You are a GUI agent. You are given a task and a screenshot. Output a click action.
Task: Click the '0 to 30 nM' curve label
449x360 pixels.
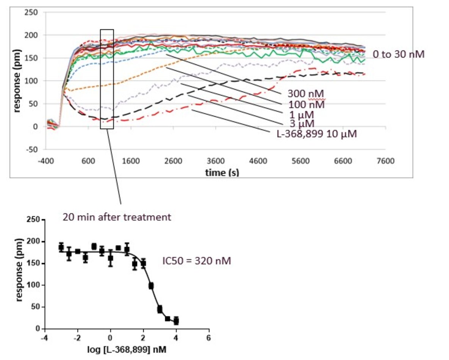coord(398,54)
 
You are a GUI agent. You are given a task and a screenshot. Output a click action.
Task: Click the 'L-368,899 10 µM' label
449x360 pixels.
coord(317,133)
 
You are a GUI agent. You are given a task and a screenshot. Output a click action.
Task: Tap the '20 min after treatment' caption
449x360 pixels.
coord(117,218)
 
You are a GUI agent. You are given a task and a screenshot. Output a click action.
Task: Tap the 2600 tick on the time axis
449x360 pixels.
coord(173,161)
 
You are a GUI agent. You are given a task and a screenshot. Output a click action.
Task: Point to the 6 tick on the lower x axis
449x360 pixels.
coord(208,337)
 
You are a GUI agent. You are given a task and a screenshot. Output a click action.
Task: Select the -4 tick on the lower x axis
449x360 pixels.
coord(45,337)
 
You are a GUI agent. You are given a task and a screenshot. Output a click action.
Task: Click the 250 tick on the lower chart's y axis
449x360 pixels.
coord(34,220)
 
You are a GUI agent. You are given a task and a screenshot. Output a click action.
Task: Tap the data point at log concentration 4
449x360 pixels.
coord(176,321)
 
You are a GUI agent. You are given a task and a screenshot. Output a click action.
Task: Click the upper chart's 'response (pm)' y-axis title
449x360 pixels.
coord(17,81)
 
